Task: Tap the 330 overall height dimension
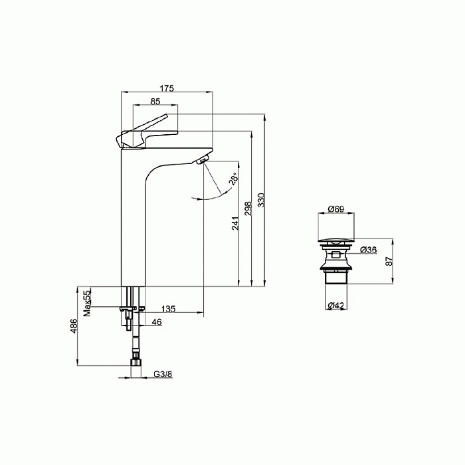click(x=261, y=200)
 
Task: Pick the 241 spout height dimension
click(x=234, y=223)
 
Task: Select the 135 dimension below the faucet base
click(x=169, y=309)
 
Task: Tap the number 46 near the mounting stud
click(x=157, y=322)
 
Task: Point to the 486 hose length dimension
click(x=74, y=325)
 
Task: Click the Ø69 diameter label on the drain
click(x=335, y=210)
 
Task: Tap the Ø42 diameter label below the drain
click(x=335, y=306)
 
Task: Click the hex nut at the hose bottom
click(x=136, y=363)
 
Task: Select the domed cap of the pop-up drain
click(x=338, y=239)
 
